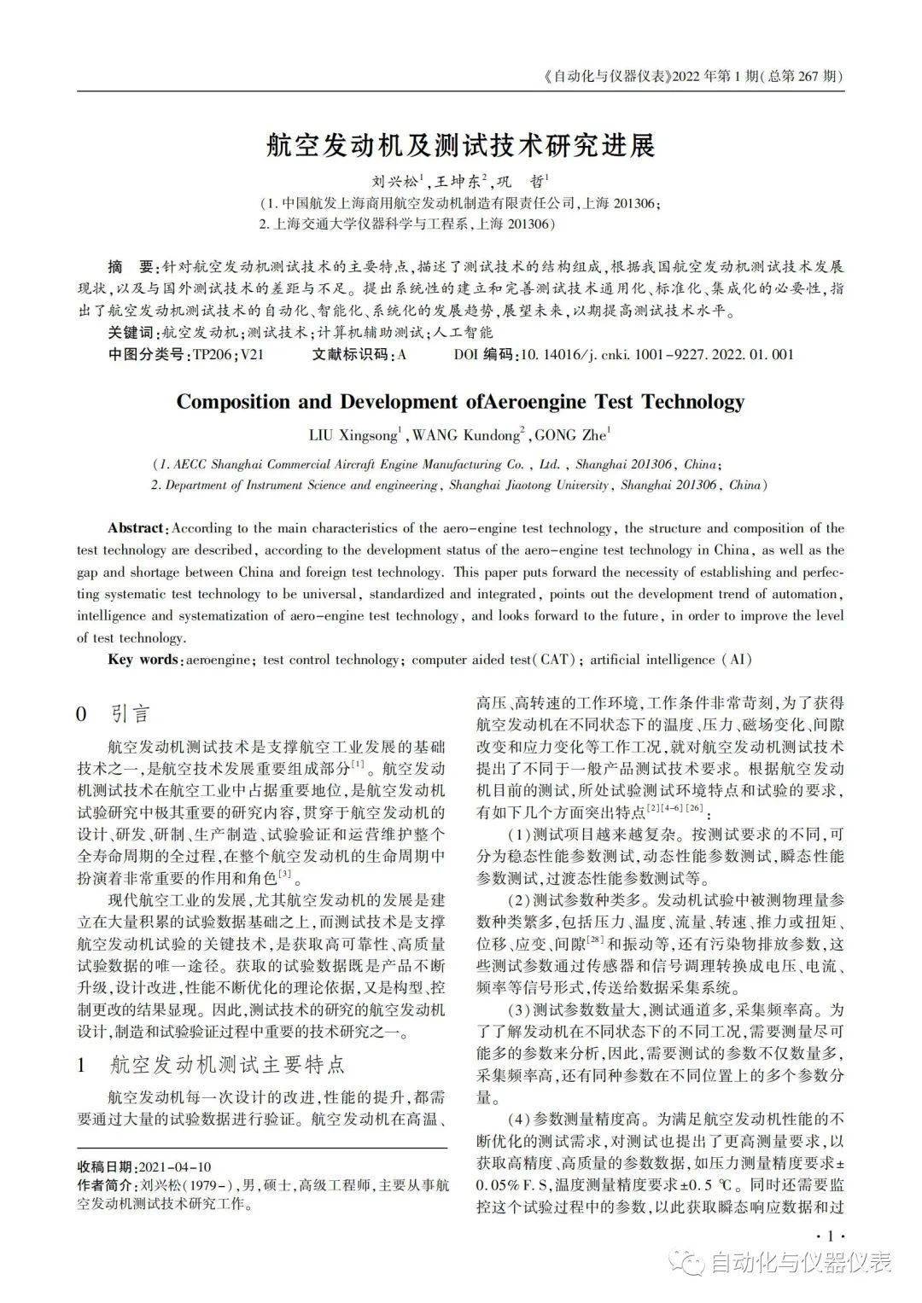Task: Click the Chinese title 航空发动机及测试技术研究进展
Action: (460, 146)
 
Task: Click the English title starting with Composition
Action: (460, 402)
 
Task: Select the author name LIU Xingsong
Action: (353, 435)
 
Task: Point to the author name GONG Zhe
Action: (570, 435)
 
